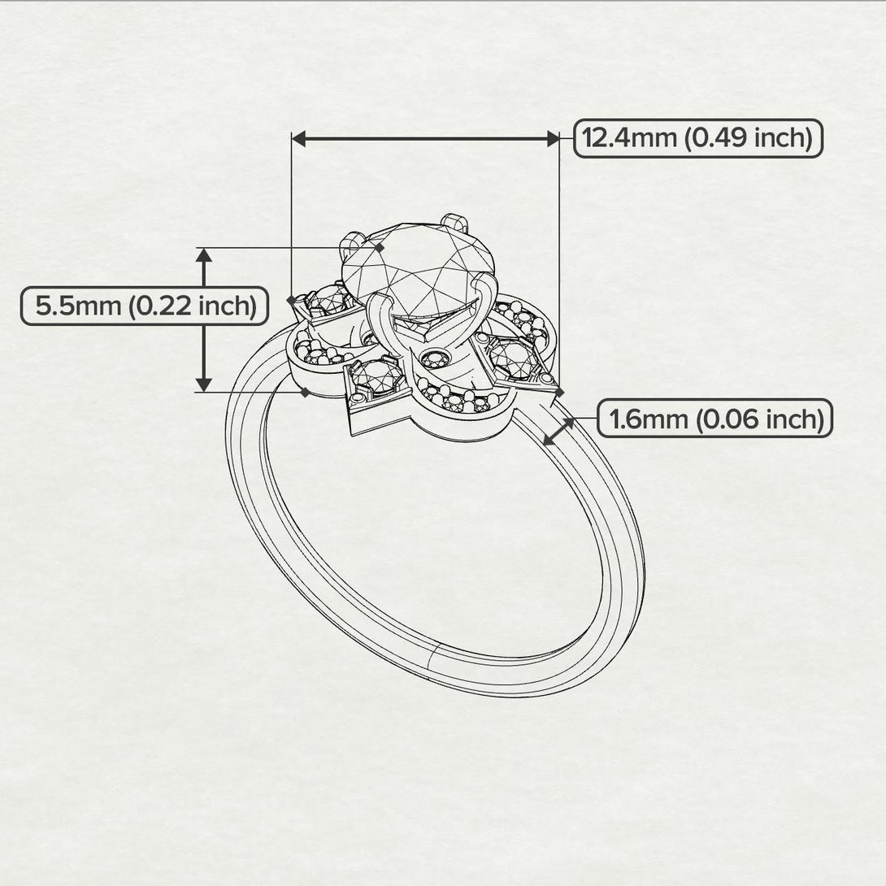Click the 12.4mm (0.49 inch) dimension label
pyautogui.click(x=698, y=138)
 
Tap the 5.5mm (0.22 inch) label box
pyautogui.click(x=145, y=306)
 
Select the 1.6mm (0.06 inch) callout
pyautogui.click(x=714, y=418)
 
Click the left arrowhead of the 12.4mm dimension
pyautogui.click(x=298, y=138)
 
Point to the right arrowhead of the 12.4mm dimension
pyautogui.click(x=553, y=138)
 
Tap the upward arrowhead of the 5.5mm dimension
pyautogui.click(x=204, y=255)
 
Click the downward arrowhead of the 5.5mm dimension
pyautogui.click(x=204, y=384)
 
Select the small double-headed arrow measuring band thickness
pyautogui.click(x=559, y=431)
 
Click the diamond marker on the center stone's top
pyautogui.click(x=379, y=247)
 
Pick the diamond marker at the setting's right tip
pyautogui.click(x=559, y=392)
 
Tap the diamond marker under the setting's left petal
pyautogui.click(x=305, y=392)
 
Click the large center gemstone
pyautogui.click(x=418, y=271)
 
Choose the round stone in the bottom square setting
pyautogui.click(x=376, y=375)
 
